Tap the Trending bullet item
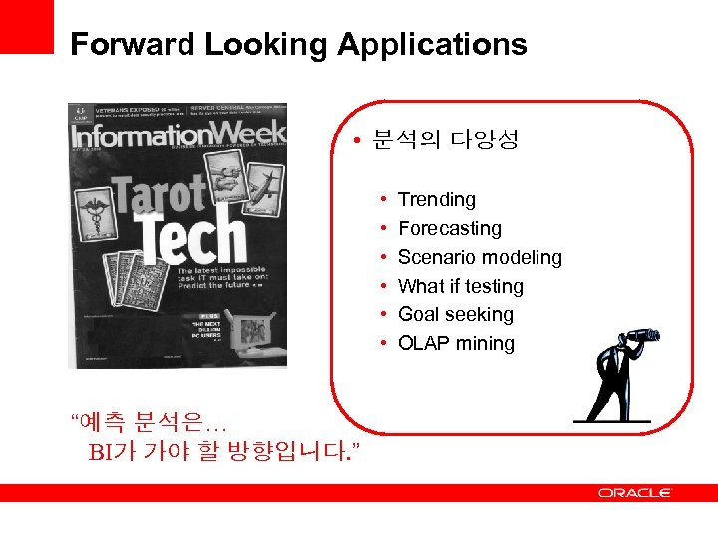click(x=436, y=200)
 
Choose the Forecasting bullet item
click(x=449, y=229)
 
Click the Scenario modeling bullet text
click(x=480, y=258)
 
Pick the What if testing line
click(x=460, y=287)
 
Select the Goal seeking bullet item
click(x=455, y=315)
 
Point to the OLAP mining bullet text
click(x=456, y=344)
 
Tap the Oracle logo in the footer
click(x=635, y=493)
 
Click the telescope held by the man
click(x=638, y=337)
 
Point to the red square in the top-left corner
click(x=26, y=26)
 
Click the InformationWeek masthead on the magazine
click(x=178, y=134)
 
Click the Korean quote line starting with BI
click(x=224, y=454)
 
